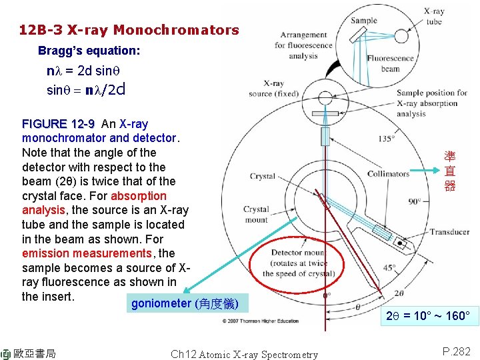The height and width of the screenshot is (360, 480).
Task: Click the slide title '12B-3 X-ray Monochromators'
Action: (x=129, y=30)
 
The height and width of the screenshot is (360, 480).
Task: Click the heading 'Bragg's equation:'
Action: (x=89, y=51)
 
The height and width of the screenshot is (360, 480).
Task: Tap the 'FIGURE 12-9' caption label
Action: (x=59, y=124)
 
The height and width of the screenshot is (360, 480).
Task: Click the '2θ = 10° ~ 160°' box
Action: (x=428, y=315)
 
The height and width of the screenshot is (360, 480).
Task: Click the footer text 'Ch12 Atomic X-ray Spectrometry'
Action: (x=244, y=355)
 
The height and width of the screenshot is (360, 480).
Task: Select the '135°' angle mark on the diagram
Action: (x=386, y=139)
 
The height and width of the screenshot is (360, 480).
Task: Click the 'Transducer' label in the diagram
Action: (x=449, y=232)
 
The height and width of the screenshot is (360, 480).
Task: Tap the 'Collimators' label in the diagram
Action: (x=388, y=174)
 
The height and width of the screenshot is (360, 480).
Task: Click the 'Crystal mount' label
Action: (x=256, y=214)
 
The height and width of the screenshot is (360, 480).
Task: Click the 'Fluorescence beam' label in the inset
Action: (x=390, y=63)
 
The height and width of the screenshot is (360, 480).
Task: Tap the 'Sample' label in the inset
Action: (x=364, y=21)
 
